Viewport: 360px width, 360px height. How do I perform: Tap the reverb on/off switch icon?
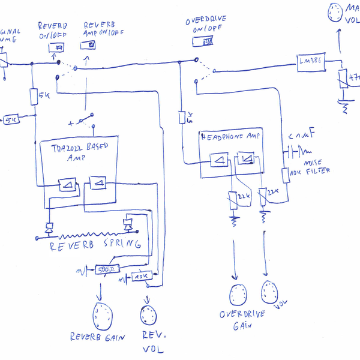[x=59, y=47]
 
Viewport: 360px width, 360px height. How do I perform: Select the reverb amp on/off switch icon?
[x=90, y=45]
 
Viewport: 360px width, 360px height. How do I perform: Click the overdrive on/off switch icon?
[x=205, y=41]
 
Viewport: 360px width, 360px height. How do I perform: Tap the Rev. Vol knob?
[x=148, y=313]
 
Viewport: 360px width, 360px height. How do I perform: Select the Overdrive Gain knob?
[x=238, y=294]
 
